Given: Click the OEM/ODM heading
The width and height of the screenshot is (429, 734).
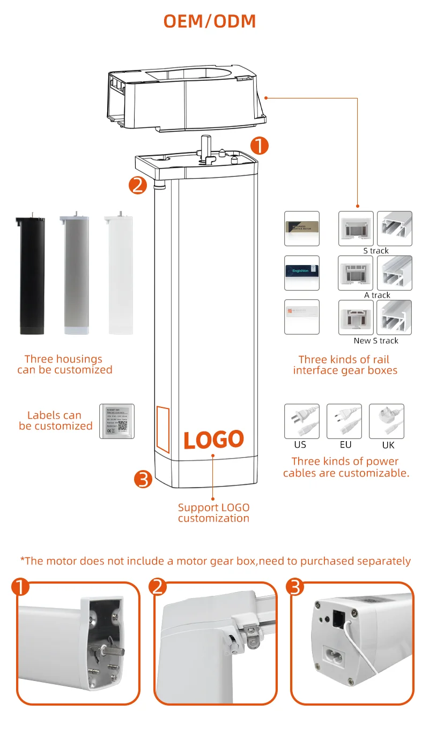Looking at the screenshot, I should [210, 21].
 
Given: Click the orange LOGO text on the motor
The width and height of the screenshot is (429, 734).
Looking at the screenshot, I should [213, 440].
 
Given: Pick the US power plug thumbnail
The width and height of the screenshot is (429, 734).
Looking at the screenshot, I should [301, 421].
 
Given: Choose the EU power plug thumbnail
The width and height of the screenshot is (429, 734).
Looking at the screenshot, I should [344, 421].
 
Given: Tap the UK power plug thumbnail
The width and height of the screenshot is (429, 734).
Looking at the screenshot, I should [387, 421].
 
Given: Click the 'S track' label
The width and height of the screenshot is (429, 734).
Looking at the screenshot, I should [375, 251].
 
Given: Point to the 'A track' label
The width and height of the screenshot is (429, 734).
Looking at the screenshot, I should [377, 295].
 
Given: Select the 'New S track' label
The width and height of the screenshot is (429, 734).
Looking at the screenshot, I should [376, 340].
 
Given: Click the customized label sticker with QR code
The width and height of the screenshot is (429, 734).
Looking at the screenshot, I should [117, 421].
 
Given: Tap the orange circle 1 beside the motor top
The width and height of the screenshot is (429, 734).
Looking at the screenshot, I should [260, 145].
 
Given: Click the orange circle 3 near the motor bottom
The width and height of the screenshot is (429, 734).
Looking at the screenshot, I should [143, 479].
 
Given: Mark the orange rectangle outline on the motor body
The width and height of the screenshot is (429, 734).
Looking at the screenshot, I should [162, 426].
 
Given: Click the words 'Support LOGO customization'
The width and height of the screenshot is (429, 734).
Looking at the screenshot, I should [213, 512].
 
